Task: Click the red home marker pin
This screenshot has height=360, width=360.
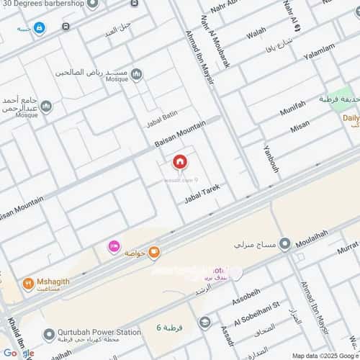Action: coord(180,161)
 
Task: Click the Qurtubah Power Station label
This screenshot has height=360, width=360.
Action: coord(100,333)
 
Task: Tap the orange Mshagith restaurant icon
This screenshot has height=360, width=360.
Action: coord(28,283)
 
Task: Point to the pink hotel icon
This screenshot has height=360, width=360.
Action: coord(113,247)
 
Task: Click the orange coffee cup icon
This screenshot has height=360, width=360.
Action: coord(153,252)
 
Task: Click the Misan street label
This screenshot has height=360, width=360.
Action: coord(300,127)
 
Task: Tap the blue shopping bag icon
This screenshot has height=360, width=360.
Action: coord(39,28)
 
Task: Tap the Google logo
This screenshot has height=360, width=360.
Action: coord(18,353)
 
